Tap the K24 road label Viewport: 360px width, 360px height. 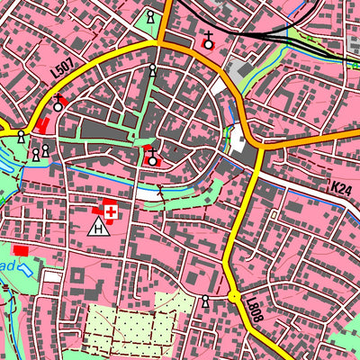coord(341,188)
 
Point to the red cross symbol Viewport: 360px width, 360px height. coord(112,211)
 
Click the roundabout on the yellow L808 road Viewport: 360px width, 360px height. coord(234,296)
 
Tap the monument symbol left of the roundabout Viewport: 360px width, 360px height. coord(206,301)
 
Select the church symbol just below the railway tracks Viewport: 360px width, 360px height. coord(209,41)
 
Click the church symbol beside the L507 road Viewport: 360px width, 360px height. coord(59,104)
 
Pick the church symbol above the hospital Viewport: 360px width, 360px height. coord(153,159)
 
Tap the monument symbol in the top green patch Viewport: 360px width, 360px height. coord(150,18)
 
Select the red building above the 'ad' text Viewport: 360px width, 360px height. coord(20,248)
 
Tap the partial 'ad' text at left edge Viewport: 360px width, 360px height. coord(7,267)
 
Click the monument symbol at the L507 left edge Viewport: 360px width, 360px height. coord(20,136)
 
